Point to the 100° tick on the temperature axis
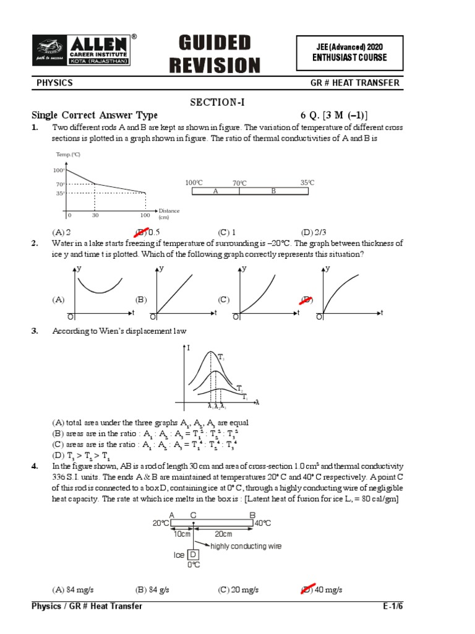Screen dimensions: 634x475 click(59, 170)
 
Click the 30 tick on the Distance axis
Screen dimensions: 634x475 click(95, 215)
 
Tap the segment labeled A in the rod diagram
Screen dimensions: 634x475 click(216, 191)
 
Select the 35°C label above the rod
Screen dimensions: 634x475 click(307, 183)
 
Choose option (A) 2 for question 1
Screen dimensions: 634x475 click(61, 232)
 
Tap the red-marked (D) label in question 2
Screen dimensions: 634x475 click(307, 300)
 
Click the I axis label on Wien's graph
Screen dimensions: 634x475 click(188, 349)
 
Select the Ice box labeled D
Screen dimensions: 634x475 click(193, 554)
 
